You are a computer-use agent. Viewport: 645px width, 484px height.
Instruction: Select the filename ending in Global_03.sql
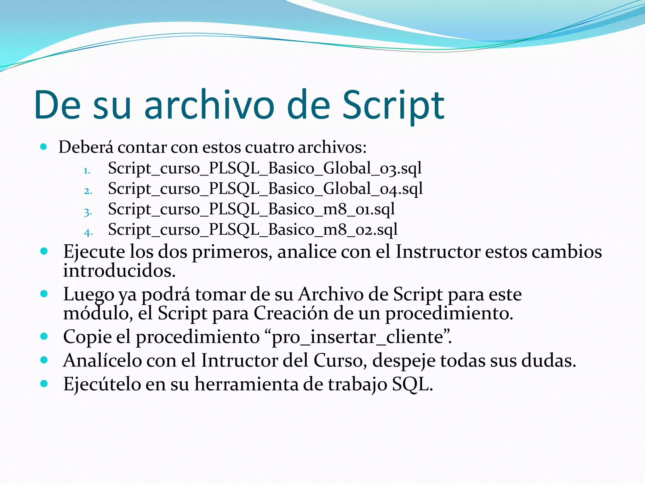tap(265, 168)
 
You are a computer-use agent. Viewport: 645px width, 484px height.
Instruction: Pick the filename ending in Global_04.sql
tap(265, 189)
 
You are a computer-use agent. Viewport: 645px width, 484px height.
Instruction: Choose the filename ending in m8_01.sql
tap(251, 209)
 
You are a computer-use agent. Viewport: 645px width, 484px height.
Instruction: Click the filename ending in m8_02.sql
tap(253, 230)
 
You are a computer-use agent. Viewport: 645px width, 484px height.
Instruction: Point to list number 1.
tap(87, 171)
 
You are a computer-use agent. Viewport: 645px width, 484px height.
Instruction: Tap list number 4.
tap(88, 233)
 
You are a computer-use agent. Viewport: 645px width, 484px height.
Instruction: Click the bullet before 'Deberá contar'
tap(44, 147)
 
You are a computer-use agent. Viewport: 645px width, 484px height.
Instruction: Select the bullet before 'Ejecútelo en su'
tap(44, 383)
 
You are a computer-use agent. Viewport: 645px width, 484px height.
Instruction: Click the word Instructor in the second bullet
tap(438, 252)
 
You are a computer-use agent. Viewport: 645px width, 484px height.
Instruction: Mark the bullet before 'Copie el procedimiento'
tap(44, 336)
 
